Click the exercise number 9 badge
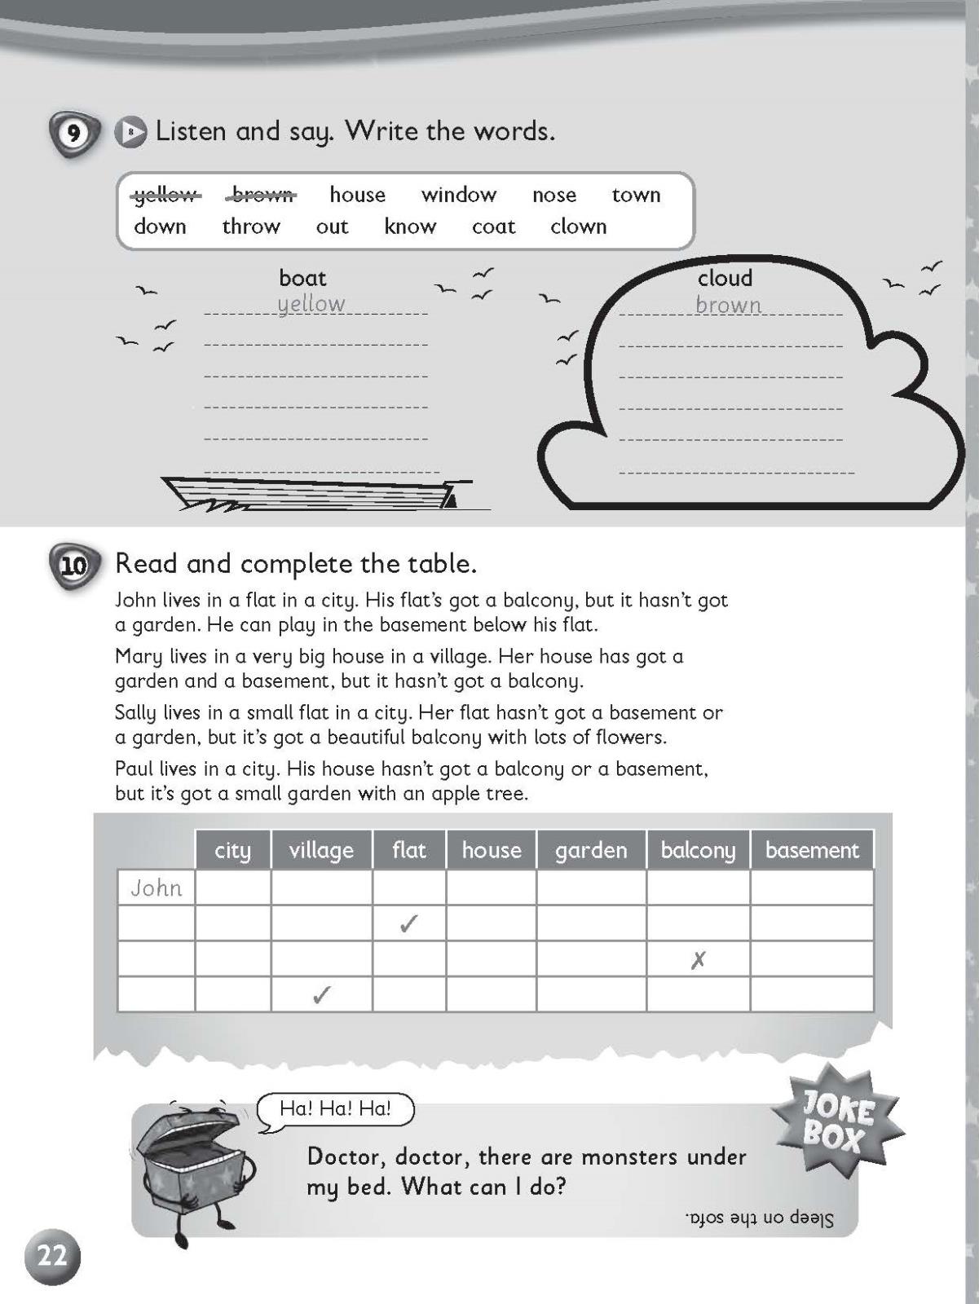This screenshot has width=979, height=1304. coord(74,133)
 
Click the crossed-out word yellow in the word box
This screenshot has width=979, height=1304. coord(165,196)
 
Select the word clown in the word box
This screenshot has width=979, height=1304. coord(578,227)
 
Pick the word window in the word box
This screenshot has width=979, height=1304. coord(458,195)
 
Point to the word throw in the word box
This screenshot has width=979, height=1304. coord(251,227)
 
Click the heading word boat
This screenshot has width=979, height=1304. coord(302,278)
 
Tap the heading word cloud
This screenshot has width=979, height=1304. coord(725,278)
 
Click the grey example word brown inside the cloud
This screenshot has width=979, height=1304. coord(728,305)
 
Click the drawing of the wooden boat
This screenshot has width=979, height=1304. coord(318,493)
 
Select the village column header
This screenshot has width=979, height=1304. coord(321,850)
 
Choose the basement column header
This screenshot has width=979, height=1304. coord(812,850)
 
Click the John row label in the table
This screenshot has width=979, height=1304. coord(157,888)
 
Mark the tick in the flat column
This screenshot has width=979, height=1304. coord(409,923)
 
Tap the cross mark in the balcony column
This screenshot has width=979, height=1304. coord(698,960)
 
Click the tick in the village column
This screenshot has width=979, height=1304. coord(322,995)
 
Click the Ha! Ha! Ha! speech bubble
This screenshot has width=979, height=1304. coord(335,1108)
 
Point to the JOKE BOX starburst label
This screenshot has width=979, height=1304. coord(837,1121)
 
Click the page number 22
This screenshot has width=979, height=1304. coord(52,1256)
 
